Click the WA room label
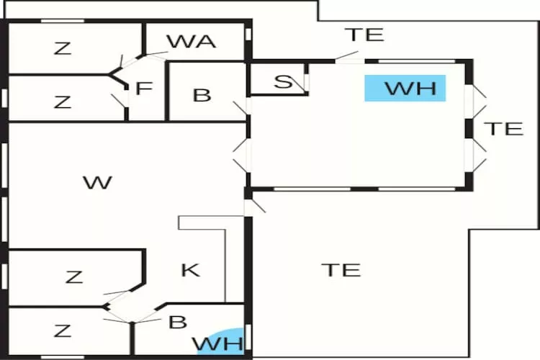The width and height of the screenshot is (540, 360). coord(192,41)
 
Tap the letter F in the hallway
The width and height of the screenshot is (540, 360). coord(144,89)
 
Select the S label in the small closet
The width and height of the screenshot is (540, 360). coord(284,82)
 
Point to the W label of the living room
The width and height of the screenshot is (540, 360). coord(97,182)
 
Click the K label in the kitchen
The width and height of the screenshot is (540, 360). coord(190,271)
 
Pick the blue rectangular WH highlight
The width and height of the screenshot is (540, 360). coord(405,89)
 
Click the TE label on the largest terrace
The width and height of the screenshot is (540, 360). coord(341,270)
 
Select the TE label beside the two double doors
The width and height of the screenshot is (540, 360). coord(503,129)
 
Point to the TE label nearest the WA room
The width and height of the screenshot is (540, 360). coord(364,35)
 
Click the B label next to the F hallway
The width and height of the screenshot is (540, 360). coord(202,96)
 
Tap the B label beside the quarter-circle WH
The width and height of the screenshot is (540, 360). coord(177,322)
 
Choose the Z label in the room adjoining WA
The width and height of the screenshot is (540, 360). coord(63,48)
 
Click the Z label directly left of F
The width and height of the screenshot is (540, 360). coord(63,102)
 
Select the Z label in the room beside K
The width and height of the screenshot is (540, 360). coord(74,276)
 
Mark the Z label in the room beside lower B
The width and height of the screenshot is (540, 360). coord(63,330)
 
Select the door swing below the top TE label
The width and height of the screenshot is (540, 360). coord(348,55)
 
